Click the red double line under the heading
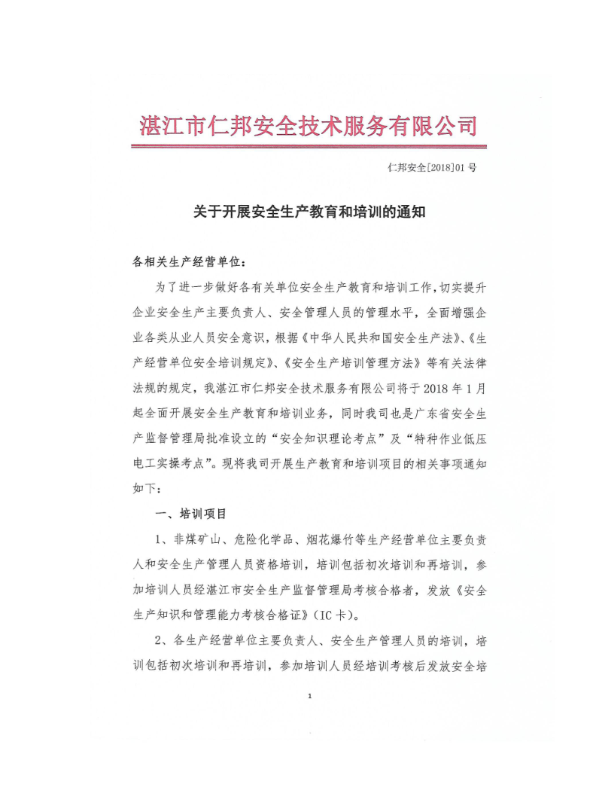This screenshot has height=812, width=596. point(308,146)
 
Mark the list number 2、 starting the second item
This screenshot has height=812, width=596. point(160,642)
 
